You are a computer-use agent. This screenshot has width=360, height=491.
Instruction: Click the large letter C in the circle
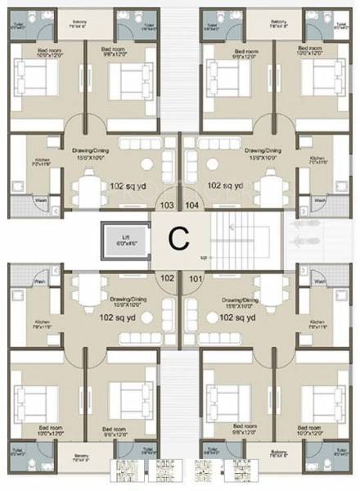(x=178, y=238)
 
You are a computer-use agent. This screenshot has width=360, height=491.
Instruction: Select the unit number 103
(x=167, y=205)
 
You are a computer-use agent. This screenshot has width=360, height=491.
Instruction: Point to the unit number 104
(x=191, y=205)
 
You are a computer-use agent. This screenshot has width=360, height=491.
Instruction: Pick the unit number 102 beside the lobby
(x=167, y=277)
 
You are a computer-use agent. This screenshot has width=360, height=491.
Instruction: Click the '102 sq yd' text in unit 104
(x=226, y=186)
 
